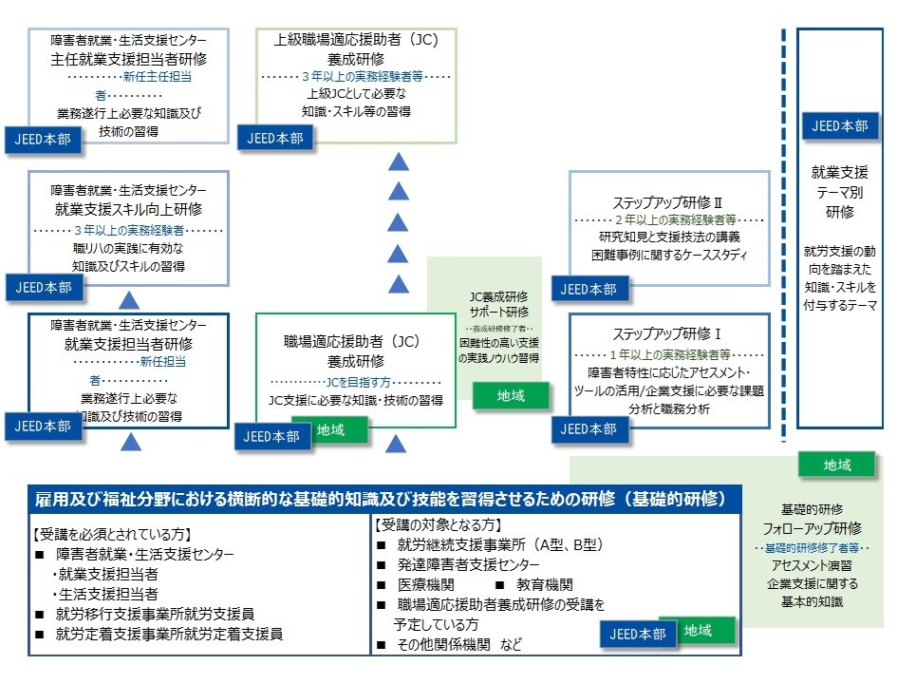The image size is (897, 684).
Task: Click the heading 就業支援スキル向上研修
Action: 128,208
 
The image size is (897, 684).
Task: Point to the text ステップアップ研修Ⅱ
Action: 668,202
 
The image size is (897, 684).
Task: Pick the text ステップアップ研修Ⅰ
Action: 668,334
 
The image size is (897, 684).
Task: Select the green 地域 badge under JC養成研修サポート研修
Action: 511,395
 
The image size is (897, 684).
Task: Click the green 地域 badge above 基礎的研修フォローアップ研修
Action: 836,465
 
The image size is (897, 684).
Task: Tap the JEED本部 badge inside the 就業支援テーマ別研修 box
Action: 835,125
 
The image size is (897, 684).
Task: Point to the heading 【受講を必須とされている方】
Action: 111,533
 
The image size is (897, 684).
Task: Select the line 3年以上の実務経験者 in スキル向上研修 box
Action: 128,231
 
